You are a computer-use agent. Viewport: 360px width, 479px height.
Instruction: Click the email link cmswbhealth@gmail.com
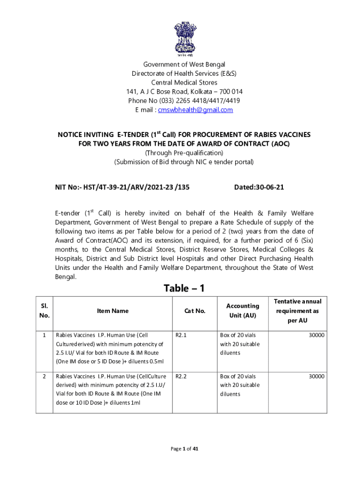click(x=195, y=110)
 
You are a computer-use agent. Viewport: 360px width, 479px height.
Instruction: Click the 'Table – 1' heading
click(x=184, y=288)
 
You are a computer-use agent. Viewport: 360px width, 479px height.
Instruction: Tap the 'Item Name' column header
click(x=112, y=311)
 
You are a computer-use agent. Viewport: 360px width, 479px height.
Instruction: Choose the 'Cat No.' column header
click(x=195, y=311)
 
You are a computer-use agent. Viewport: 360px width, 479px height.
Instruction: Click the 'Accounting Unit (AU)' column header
click(x=243, y=311)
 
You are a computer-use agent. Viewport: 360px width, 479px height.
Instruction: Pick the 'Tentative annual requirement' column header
click(x=297, y=311)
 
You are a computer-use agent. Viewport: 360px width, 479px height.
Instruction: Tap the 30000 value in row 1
click(x=317, y=335)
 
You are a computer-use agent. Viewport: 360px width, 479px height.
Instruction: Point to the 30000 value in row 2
click(x=317, y=376)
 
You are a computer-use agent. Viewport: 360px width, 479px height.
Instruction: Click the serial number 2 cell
click(x=44, y=376)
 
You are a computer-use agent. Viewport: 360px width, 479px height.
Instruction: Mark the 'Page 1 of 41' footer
click(x=184, y=449)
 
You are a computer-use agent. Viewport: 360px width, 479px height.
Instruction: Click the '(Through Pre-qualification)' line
click(x=184, y=153)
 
